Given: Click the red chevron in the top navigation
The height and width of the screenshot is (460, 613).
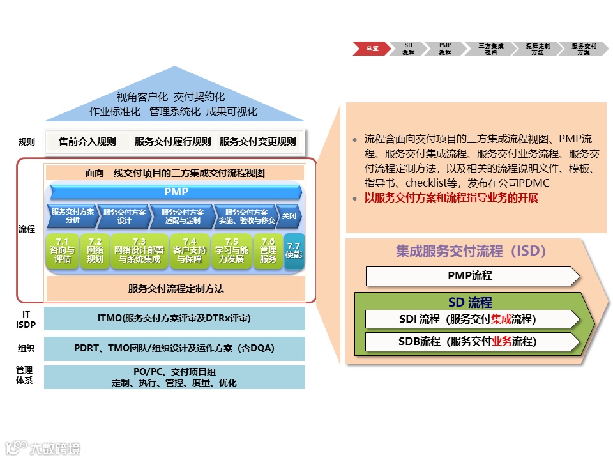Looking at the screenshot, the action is pyautogui.click(x=371, y=49).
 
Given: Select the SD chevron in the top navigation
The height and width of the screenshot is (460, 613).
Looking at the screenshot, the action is pyautogui.click(x=408, y=49).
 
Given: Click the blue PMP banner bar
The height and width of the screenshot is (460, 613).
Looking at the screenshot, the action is pyautogui.click(x=176, y=192).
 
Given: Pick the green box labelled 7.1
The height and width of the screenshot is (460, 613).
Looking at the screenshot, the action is pyautogui.click(x=63, y=250).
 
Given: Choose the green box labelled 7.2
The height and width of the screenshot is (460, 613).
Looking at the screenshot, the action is pyautogui.click(x=95, y=250).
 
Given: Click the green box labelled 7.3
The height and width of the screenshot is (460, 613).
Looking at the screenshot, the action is pyautogui.click(x=139, y=250).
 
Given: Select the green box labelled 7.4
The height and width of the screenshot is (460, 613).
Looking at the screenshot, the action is pyautogui.click(x=190, y=250).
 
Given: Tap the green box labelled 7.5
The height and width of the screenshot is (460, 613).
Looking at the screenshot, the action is pyautogui.click(x=231, y=250).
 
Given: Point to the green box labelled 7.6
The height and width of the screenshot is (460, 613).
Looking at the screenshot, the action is pyautogui.click(x=268, y=250).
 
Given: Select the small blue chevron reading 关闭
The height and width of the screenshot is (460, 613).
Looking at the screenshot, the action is pyautogui.click(x=289, y=216).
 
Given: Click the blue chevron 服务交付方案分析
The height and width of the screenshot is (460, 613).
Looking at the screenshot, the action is pyautogui.click(x=72, y=216).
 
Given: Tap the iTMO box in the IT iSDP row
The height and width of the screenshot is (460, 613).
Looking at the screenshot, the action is pyautogui.click(x=174, y=318).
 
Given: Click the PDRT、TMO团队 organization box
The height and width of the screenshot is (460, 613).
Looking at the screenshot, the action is pyautogui.click(x=174, y=348).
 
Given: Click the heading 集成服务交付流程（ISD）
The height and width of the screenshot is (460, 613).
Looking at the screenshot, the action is pyautogui.click(x=471, y=251).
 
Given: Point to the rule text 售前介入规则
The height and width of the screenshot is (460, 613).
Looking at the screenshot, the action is pyautogui.click(x=87, y=142).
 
